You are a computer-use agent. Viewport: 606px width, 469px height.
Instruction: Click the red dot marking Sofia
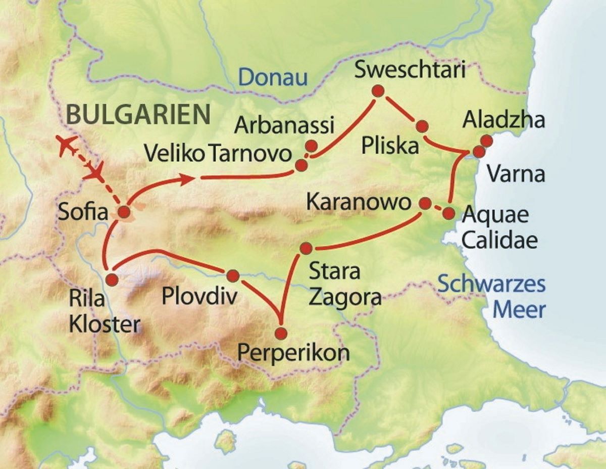click(x=123, y=212)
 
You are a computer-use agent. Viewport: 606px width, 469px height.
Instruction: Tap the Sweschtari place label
click(x=409, y=70)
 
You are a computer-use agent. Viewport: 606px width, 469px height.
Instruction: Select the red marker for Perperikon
click(x=281, y=334)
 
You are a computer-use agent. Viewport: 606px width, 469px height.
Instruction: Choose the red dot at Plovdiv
click(x=233, y=275)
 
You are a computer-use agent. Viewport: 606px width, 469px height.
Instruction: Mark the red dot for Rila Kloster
click(x=112, y=279)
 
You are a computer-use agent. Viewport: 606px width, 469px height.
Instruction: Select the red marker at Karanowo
click(x=425, y=203)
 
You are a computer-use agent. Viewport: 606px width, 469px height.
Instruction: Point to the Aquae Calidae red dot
click(x=448, y=213)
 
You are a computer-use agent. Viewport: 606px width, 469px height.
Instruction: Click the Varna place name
click(x=516, y=174)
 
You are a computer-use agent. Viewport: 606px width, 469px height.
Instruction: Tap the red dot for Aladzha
click(x=486, y=141)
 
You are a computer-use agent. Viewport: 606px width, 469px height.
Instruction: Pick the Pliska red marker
click(x=422, y=126)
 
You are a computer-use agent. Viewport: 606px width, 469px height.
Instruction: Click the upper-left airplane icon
click(x=68, y=145)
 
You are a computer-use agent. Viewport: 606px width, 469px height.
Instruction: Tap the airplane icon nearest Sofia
click(x=94, y=171)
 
